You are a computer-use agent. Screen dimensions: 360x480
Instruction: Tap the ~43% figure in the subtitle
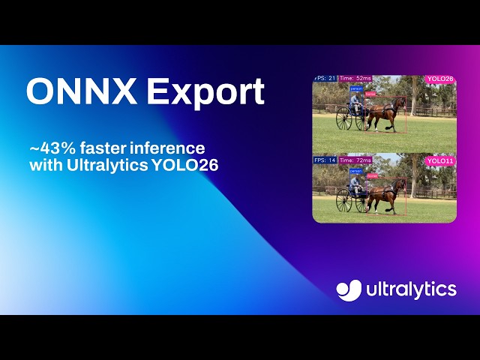[x=46, y=148]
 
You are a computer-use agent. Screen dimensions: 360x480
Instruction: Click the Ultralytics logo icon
[x=349, y=289]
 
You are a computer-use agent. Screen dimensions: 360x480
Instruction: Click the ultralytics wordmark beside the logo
[x=411, y=289]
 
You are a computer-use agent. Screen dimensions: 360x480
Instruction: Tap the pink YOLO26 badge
[x=439, y=79]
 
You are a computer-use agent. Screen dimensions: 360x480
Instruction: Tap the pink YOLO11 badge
[x=439, y=160]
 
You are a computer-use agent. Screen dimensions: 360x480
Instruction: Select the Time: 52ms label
[x=355, y=78]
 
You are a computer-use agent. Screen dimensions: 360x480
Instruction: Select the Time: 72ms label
[x=355, y=160]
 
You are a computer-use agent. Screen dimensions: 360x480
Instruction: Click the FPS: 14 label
[x=325, y=160]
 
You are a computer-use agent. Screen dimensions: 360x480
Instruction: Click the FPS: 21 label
[x=325, y=78]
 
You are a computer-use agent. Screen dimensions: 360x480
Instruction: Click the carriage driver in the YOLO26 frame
[x=355, y=103]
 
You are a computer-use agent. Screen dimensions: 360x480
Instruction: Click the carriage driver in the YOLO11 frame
[x=355, y=184]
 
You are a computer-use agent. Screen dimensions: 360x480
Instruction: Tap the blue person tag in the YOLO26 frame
[x=355, y=88]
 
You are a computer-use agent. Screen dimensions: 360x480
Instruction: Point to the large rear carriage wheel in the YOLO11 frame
[x=343, y=199]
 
